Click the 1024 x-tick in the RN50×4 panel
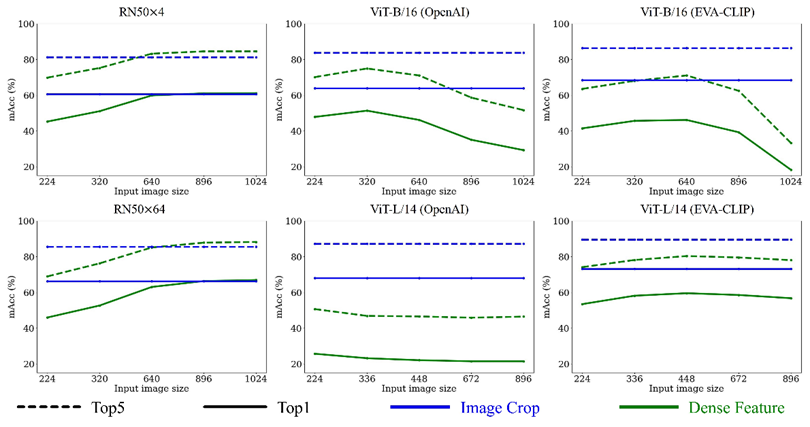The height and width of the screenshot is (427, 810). coord(257,183)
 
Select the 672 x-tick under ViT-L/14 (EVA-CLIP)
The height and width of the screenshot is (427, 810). coord(739,378)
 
